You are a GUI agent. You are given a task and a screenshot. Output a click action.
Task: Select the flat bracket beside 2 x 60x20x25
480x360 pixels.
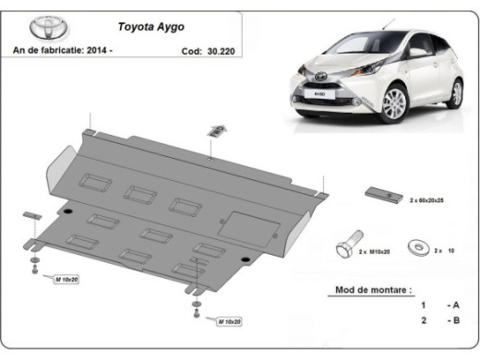point(381,194)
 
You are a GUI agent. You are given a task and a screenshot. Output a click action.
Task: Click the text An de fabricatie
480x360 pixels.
point(50,53)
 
